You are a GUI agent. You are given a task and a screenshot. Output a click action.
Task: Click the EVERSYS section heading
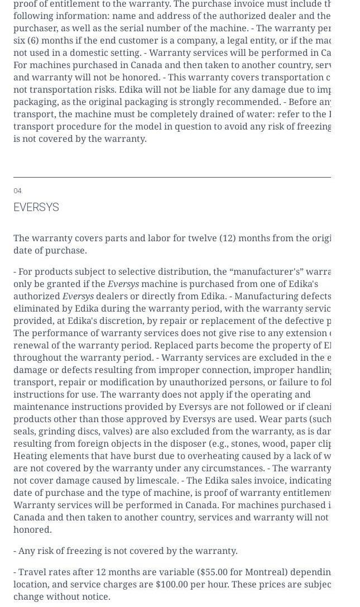pos(36,207)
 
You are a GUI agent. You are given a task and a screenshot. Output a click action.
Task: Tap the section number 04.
pos(17,191)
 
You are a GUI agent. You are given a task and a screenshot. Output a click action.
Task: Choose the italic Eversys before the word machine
pos(123,284)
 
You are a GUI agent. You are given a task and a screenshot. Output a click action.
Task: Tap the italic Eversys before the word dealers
pos(78,296)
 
